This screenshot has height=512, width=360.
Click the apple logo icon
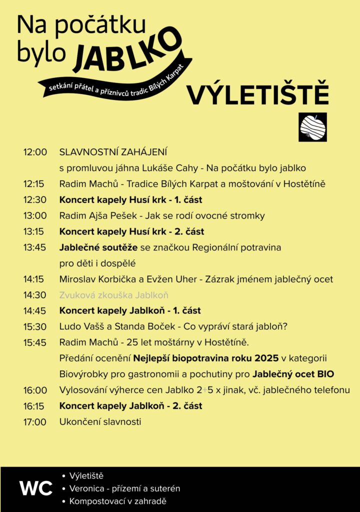(312, 127)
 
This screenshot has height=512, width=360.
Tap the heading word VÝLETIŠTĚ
(257, 94)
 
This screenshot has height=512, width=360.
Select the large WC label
(35, 488)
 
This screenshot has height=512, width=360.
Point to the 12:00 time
(34, 152)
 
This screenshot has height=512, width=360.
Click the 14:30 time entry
(34, 295)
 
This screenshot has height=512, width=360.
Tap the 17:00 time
(34, 422)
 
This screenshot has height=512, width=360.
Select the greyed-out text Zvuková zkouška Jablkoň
(113, 295)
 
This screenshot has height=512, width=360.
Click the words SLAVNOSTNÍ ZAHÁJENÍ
(113, 152)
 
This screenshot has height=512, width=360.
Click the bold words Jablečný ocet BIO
(293, 374)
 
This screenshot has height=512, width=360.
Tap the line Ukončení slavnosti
(100, 422)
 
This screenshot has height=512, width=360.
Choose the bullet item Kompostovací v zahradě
(117, 501)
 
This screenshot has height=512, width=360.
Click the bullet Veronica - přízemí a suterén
(124, 488)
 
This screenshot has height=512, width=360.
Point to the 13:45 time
(34, 247)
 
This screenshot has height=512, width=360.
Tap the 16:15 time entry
(34, 406)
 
